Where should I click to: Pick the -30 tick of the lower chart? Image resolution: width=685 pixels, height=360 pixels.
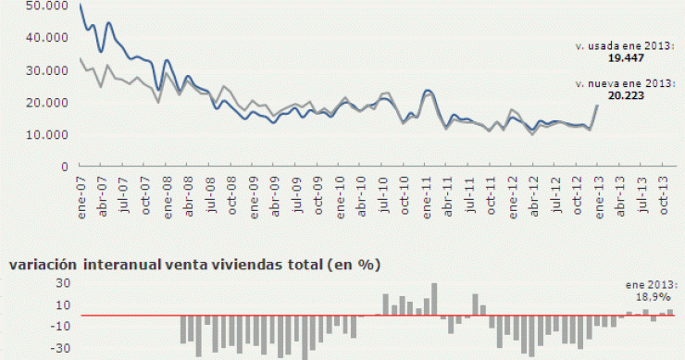click(x=12, y=349)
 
